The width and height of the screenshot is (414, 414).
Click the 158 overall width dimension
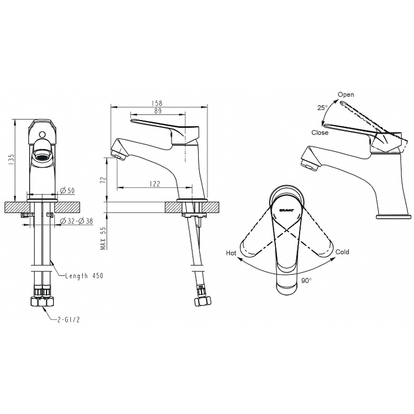tap(157, 103)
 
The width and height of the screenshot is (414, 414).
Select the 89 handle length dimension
tap(158, 111)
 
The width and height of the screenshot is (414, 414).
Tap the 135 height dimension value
tap(11, 159)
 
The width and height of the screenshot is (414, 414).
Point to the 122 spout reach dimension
tap(155, 184)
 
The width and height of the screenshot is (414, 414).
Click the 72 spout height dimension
tap(104, 180)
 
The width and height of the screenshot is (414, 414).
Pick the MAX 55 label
tap(104, 238)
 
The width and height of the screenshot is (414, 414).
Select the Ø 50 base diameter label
tap(67, 190)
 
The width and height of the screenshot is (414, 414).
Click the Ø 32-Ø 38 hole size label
tap(77, 221)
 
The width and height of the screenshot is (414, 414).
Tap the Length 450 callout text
tap(84, 276)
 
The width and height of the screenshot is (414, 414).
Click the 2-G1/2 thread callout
tap(68, 320)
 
